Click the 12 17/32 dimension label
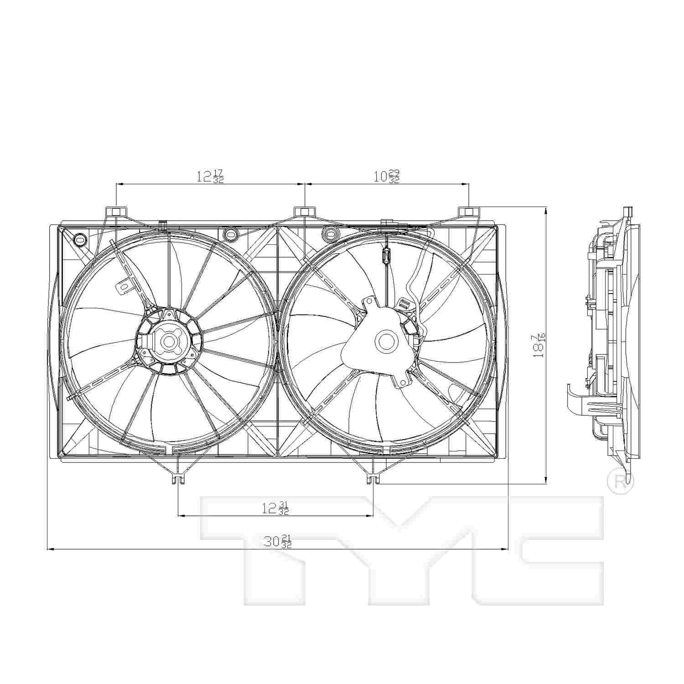point(210,176)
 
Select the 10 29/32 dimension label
point(387,176)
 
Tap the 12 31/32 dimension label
point(275,508)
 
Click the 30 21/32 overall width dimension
point(277,541)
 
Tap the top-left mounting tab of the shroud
point(117,212)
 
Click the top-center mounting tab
point(305,212)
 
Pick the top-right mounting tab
point(469,212)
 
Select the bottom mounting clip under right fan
point(373,478)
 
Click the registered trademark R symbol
point(621,482)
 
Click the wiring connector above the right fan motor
point(385,256)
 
